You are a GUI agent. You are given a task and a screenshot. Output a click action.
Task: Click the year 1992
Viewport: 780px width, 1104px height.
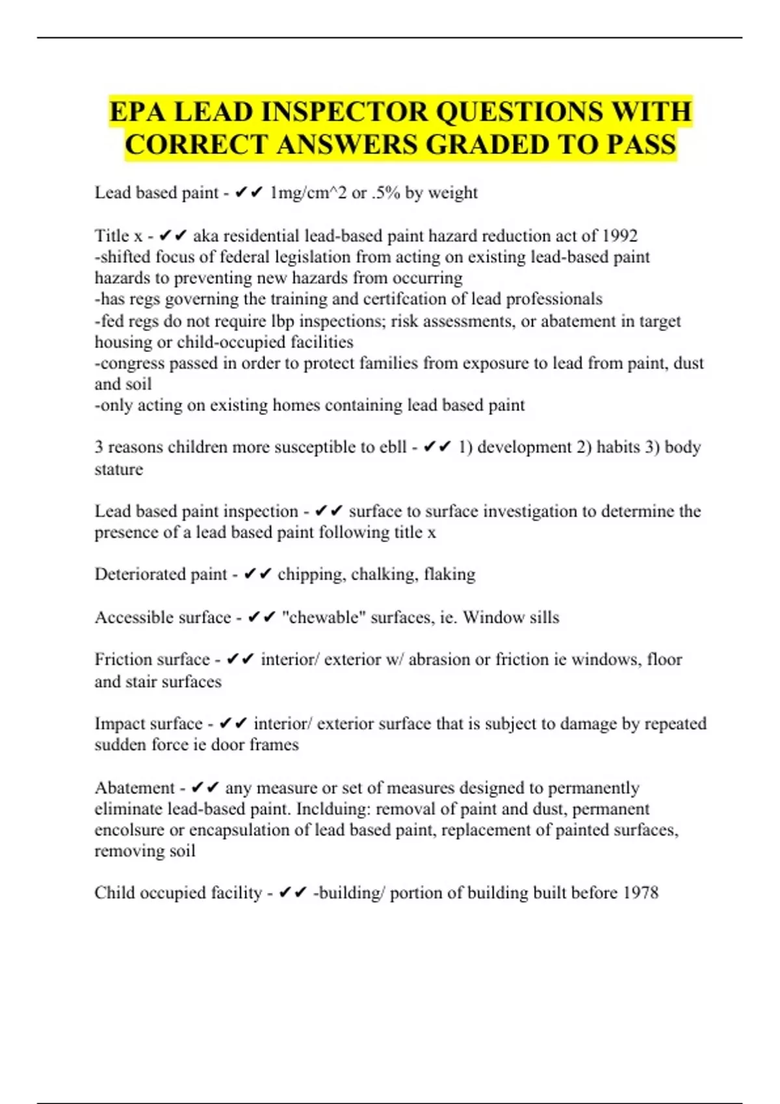click(x=620, y=236)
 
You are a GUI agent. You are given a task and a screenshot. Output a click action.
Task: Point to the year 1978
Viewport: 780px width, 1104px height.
click(x=640, y=893)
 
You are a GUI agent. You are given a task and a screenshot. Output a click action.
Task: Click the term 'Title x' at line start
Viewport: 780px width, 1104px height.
click(x=118, y=236)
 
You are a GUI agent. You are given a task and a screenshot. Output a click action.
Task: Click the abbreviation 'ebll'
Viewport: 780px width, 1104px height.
click(x=393, y=447)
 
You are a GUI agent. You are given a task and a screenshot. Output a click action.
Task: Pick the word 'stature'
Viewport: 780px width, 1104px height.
click(x=118, y=470)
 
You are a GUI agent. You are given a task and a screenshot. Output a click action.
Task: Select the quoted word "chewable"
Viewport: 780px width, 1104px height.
click(x=320, y=618)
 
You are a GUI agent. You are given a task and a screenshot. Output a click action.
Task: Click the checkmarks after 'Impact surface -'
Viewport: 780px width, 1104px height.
click(x=233, y=724)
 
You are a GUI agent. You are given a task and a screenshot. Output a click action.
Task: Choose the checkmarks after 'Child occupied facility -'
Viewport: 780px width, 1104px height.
click(x=292, y=893)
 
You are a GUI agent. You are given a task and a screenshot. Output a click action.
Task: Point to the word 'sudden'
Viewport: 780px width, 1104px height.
click(x=120, y=745)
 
